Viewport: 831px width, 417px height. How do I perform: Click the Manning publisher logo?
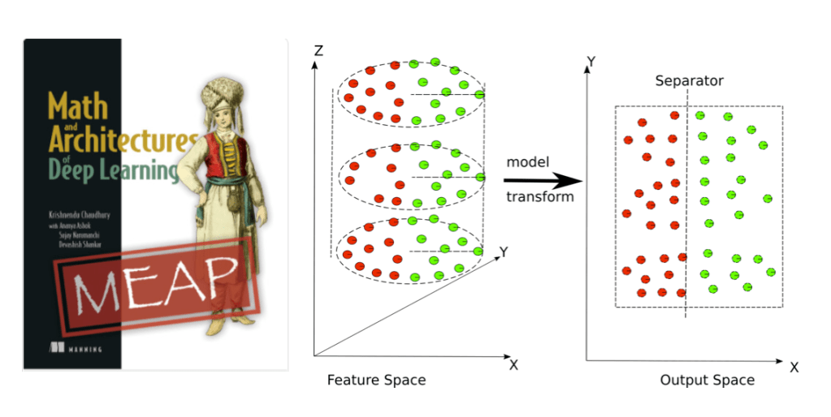click(76, 347)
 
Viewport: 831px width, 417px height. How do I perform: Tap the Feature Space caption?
click(375, 380)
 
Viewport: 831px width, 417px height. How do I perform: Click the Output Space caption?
click(706, 380)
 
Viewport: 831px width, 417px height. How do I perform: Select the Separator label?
click(689, 80)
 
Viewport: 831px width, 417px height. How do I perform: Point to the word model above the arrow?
click(529, 161)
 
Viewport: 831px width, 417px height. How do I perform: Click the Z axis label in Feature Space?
click(318, 51)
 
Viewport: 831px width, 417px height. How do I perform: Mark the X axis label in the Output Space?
click(794, 368)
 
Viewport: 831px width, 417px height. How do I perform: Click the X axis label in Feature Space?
click(513, 364)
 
